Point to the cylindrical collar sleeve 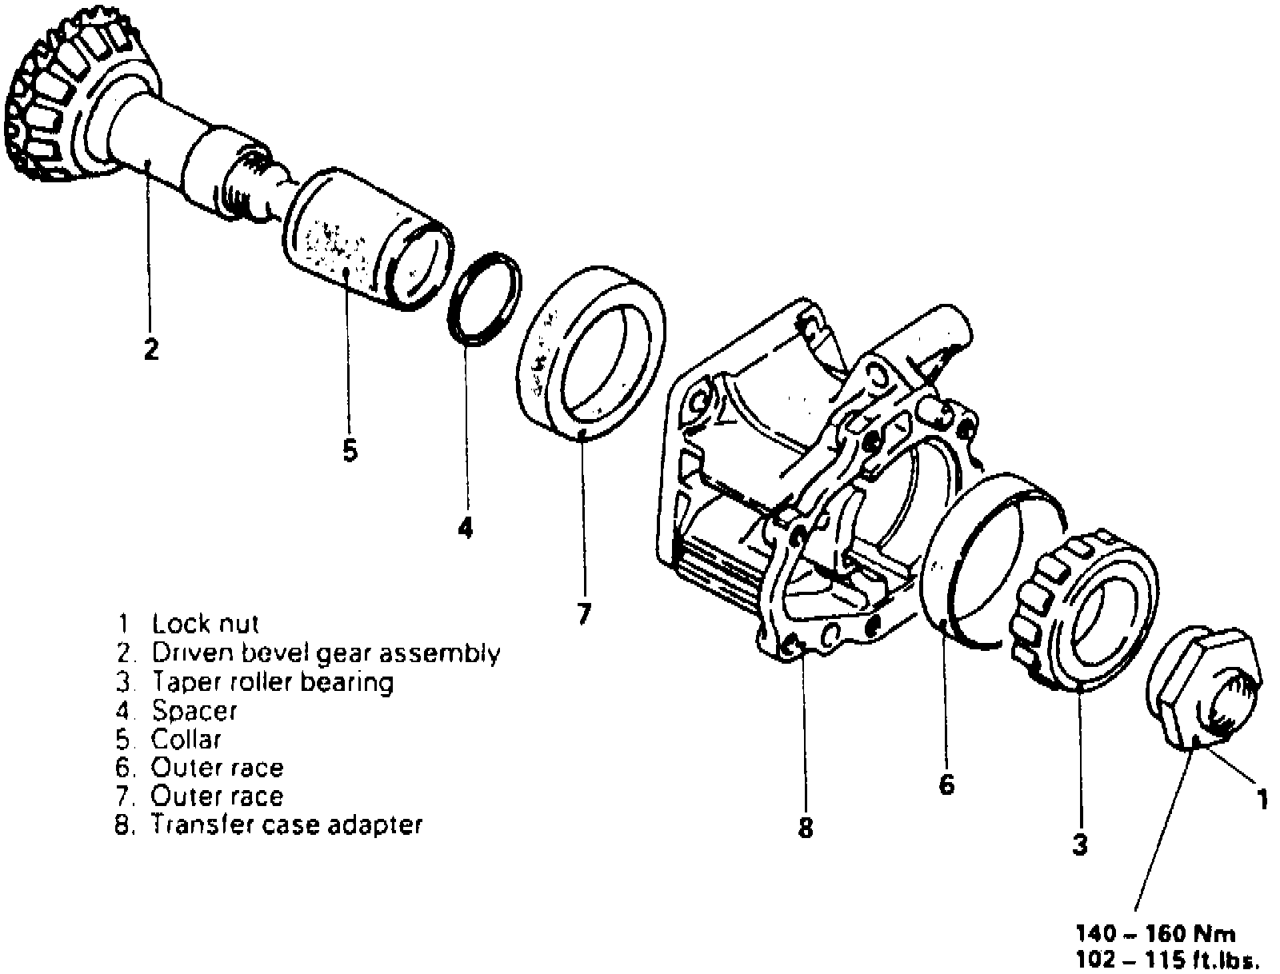click(364, 240)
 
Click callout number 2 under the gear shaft click(150, 349)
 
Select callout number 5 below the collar click(350, 451)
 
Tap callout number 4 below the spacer click(466, 528)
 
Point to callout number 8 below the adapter click(806, 828)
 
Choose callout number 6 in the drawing click(946, 785)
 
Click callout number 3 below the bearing click(1080, 844)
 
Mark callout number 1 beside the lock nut click(1262, 799)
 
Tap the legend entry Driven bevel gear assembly click(326, 653)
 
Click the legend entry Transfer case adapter click(286, 825)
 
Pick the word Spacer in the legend click(194, 711)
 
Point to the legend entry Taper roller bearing click(272, 682)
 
